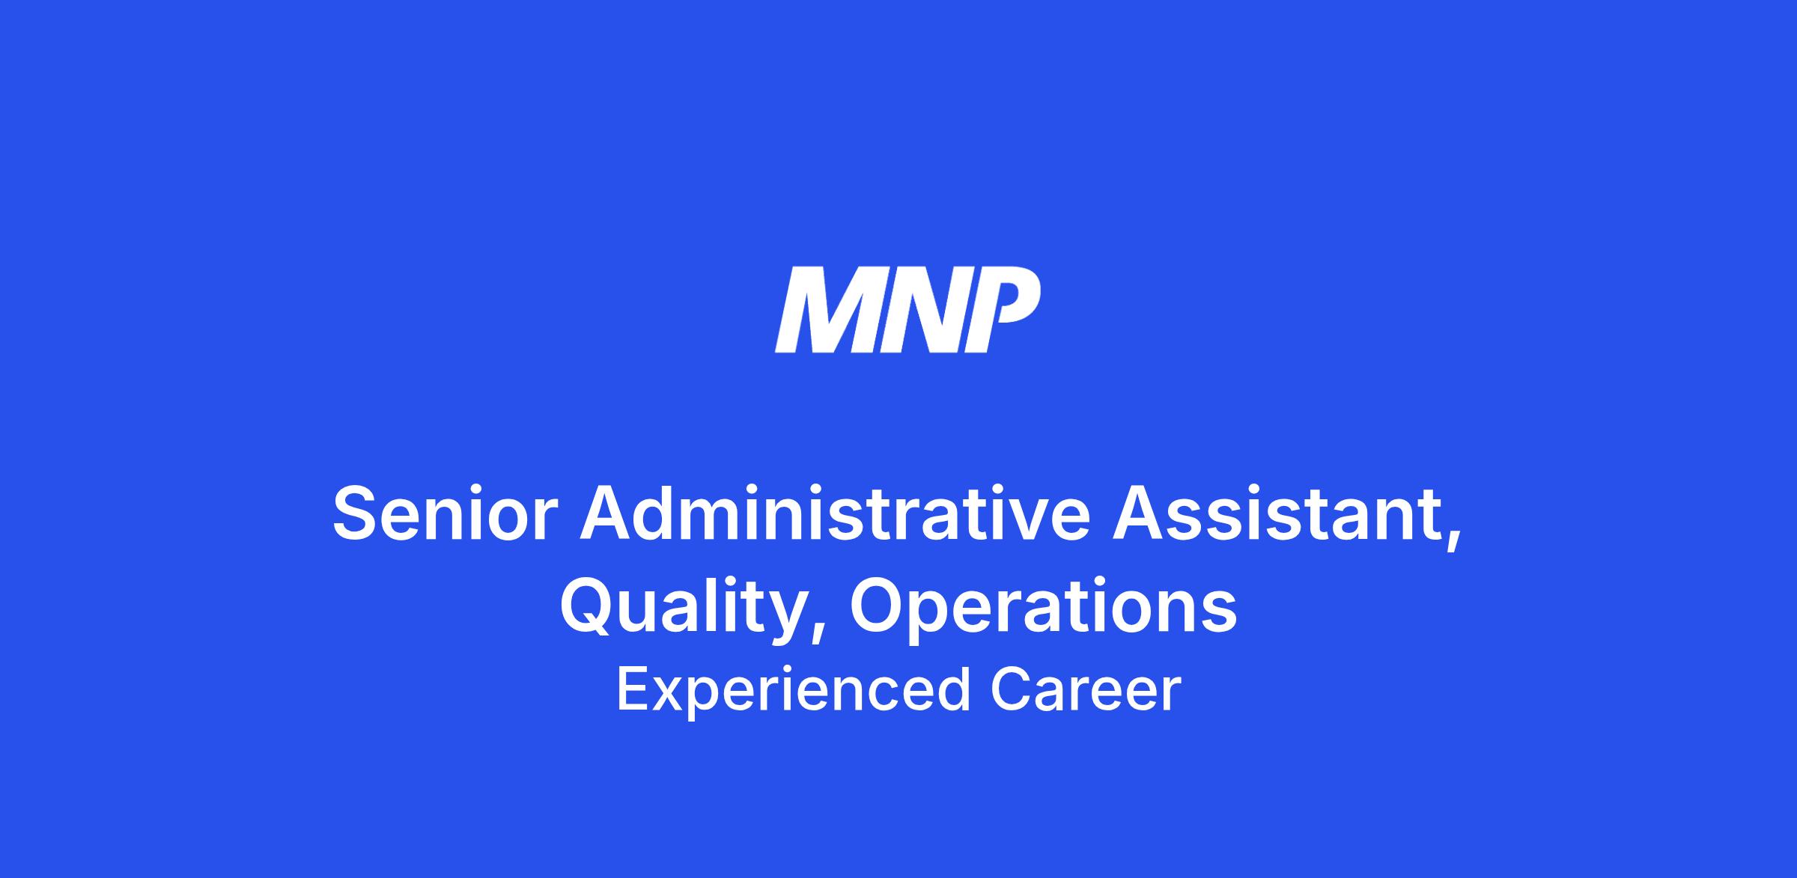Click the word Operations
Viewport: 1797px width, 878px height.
click(1043, 607)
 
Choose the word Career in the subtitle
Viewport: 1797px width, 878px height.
click(1086, 689)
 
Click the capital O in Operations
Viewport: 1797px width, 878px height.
click(878, 607)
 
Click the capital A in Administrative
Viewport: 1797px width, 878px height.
click(609, 513)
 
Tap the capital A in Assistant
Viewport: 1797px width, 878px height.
click(1141, 513)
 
